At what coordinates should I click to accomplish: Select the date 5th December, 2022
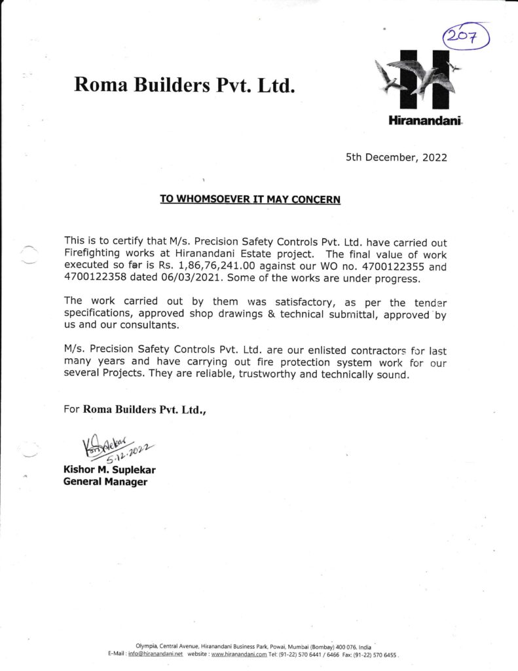(x=396, y=158)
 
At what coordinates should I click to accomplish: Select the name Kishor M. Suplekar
(x=109, y=470)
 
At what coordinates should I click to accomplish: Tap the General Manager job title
(x=105, y=482)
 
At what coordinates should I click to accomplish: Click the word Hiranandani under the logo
(x=416, y=121)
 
